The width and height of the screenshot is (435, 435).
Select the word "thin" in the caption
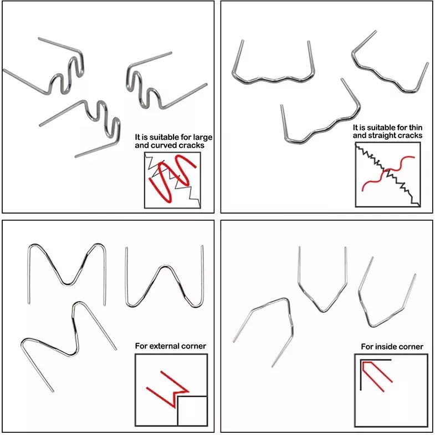pyautogui.click(x=416, y=128)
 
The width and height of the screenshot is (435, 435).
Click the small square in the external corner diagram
pyautogui.click(x=192, y=411)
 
